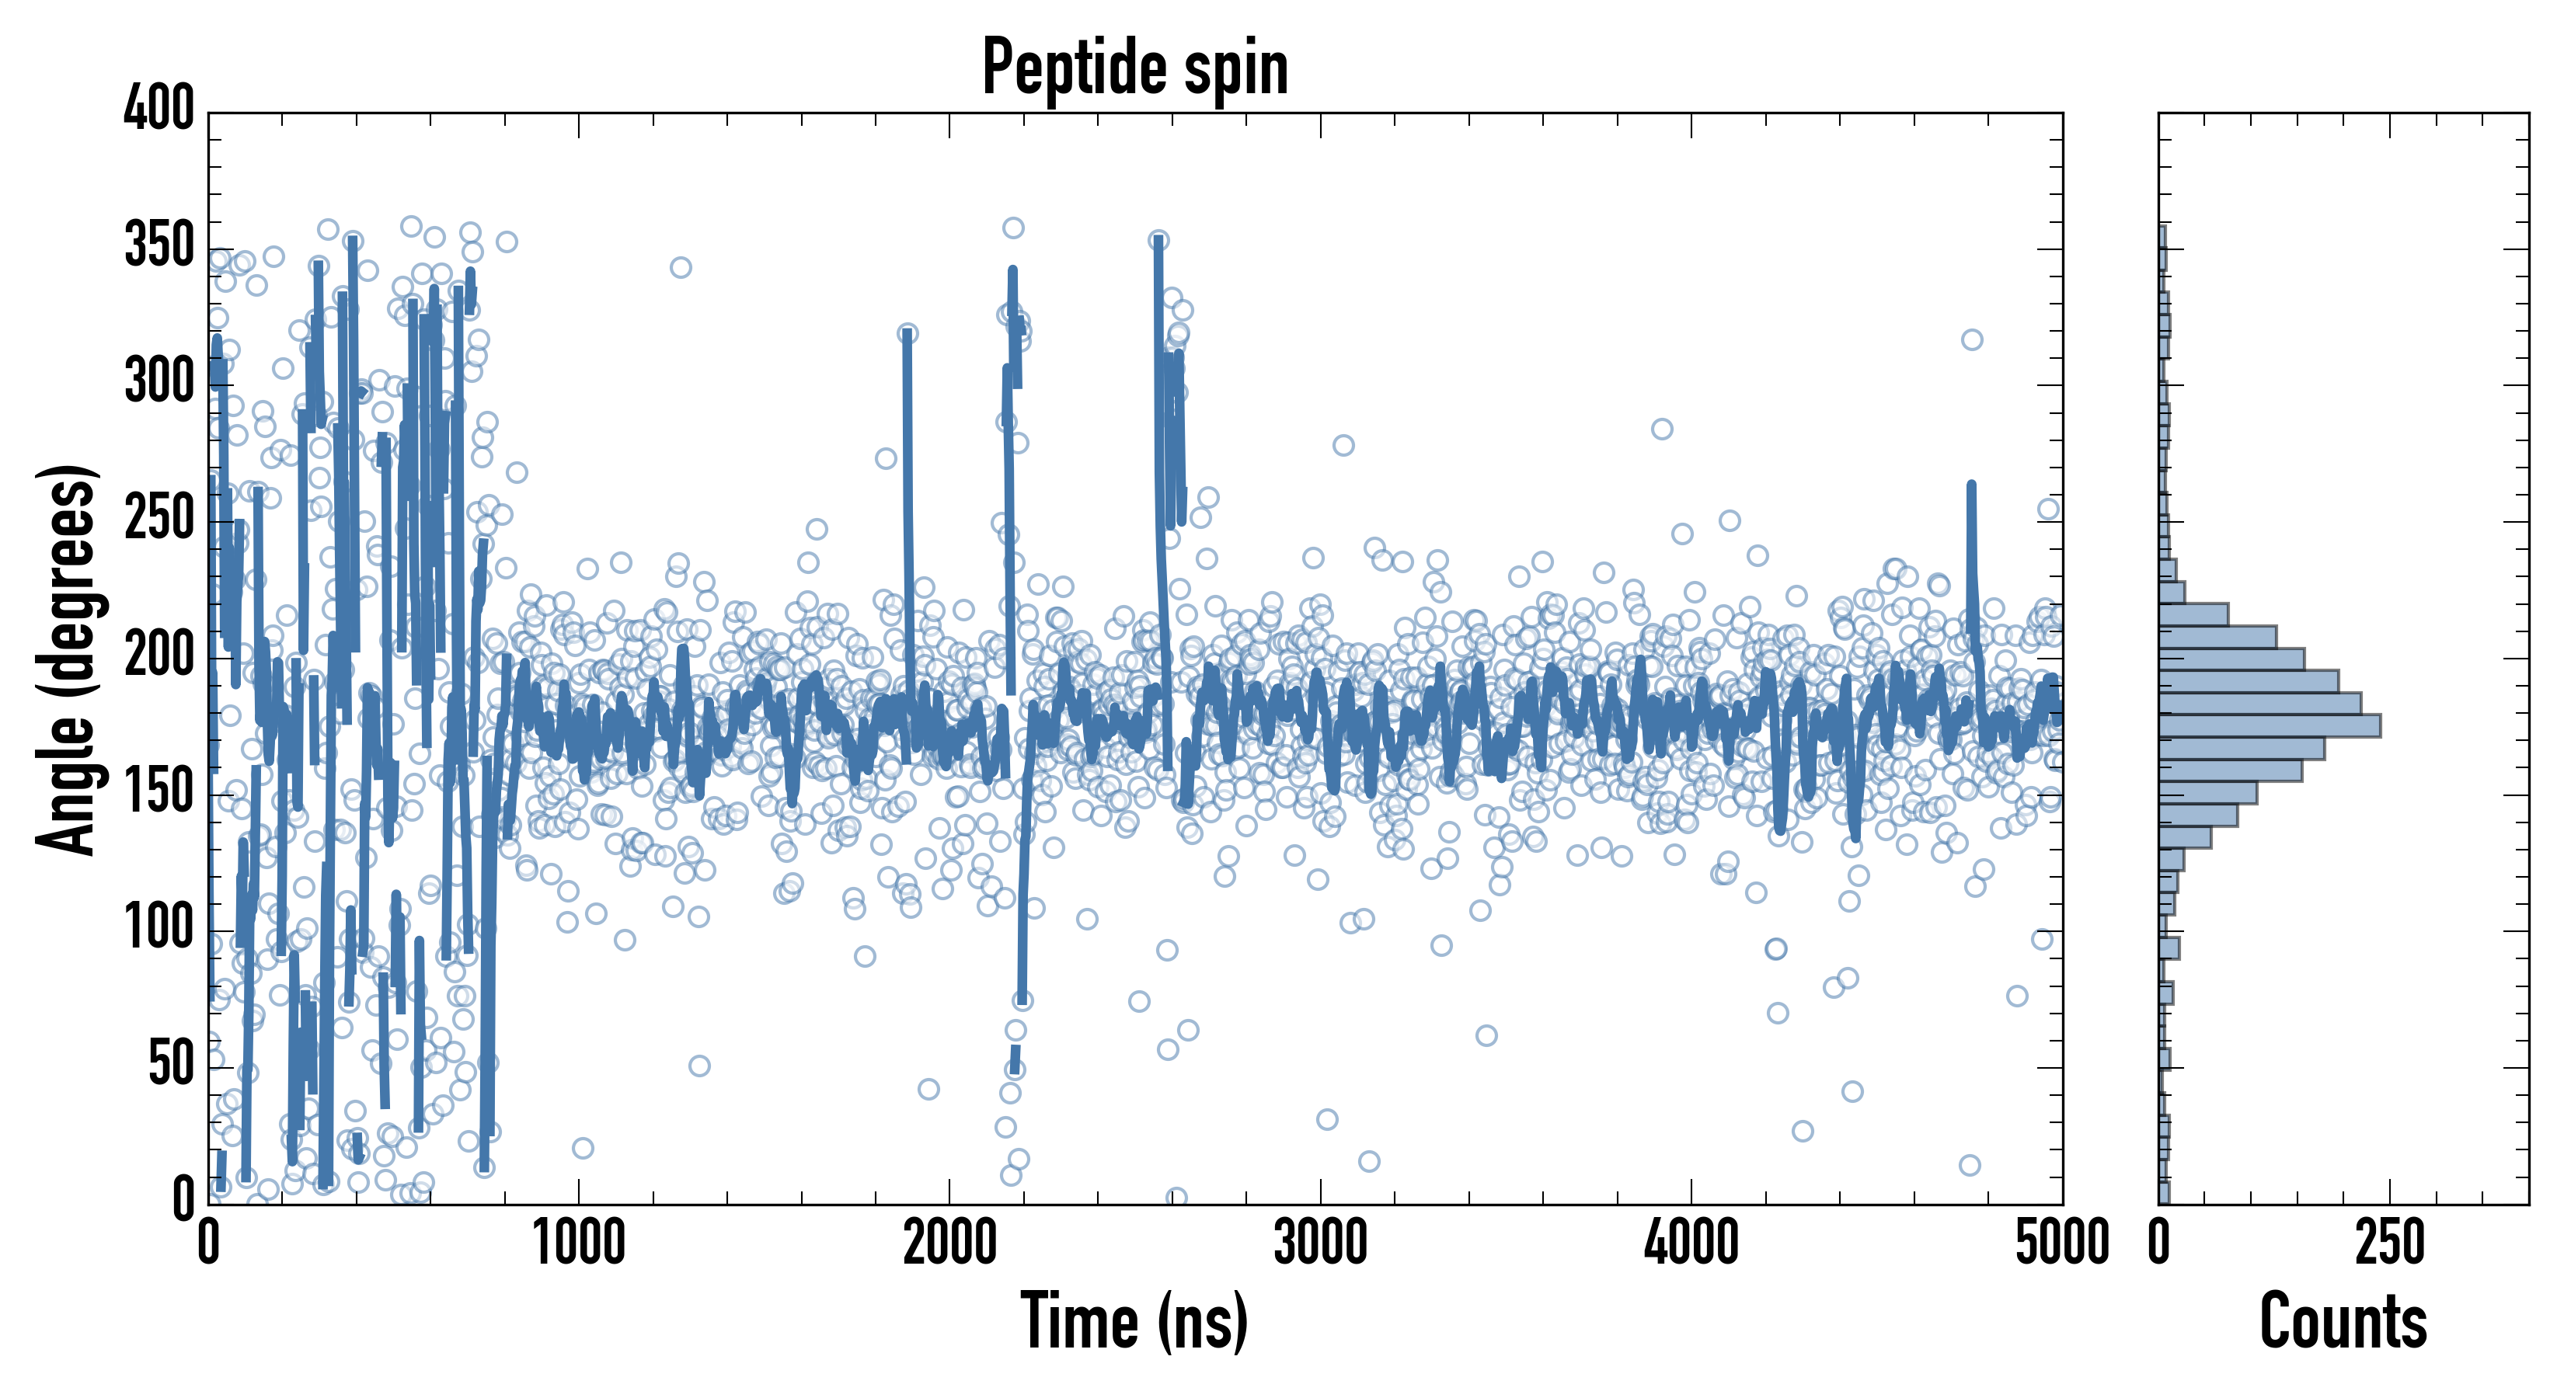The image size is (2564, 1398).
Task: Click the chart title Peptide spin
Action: click(x=1134, y=68)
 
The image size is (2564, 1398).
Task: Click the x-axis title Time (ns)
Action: click(x=1134, y=1321)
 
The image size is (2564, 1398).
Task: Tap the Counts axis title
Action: click(x=2343, y=1321)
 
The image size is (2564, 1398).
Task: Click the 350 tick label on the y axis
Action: click(x=159, y=245)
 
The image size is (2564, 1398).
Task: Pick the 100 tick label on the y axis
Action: click(x=159, y=928)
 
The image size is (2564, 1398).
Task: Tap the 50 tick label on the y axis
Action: click(x=171, y=1065)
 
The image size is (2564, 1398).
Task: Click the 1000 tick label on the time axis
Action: click(x=580, y=1243)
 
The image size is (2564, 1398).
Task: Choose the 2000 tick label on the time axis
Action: click(x=949, y=1243)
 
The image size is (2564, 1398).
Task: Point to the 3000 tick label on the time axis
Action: click(x=1321, y=1243)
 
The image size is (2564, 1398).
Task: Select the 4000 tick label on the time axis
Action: click(x=1691, y=1243)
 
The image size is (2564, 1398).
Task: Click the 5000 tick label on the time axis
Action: click(x=2062, y=1243)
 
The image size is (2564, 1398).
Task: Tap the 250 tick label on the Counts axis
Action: click(x=2390, y=1243)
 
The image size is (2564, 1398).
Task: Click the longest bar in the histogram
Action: click(x=2270, y=725)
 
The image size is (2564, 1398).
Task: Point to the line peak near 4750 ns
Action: click(x=1970, y=485)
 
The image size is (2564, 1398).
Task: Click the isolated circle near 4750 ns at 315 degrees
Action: click(x=1972, y=340)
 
